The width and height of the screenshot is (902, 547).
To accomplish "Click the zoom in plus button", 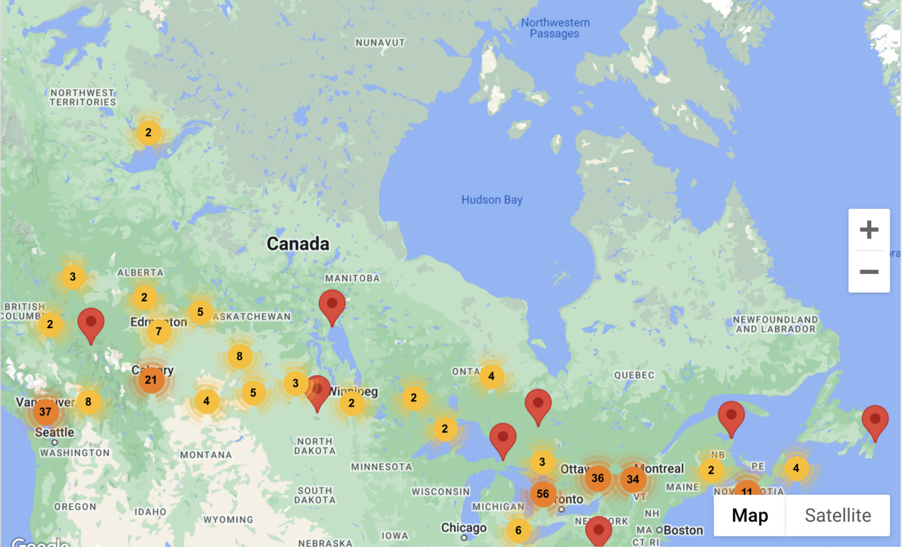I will (869, 229).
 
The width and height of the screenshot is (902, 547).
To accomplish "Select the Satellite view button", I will (837, 515).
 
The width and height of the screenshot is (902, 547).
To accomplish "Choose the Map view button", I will (749, 515).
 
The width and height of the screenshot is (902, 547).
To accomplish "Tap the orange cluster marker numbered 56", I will (543, 494).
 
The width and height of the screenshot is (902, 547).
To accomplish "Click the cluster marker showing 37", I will (45, 411).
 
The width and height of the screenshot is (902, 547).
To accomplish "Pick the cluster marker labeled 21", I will (151, 380).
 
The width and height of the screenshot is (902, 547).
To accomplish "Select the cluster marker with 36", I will (598, 478).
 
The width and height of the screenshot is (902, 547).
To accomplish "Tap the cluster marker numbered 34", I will (632, 479).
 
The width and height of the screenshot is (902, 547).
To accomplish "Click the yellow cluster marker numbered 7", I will (159, 331).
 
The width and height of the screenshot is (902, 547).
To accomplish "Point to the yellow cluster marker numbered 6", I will (518, 530).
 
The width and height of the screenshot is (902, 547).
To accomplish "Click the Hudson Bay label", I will (492, 200).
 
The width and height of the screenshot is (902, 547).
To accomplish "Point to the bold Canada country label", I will (298, 243).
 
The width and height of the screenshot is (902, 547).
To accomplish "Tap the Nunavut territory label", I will (380, 43).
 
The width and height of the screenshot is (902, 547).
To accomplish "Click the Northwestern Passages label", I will (555, 28).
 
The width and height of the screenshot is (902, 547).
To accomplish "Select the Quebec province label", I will (634, 375).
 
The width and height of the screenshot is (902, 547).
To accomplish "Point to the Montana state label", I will (206, 455).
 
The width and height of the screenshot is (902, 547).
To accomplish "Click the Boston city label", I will (683, 530).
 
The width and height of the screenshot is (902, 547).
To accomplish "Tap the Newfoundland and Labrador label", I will (775, 324).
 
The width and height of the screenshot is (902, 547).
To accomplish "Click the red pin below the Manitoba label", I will (332, 306).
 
